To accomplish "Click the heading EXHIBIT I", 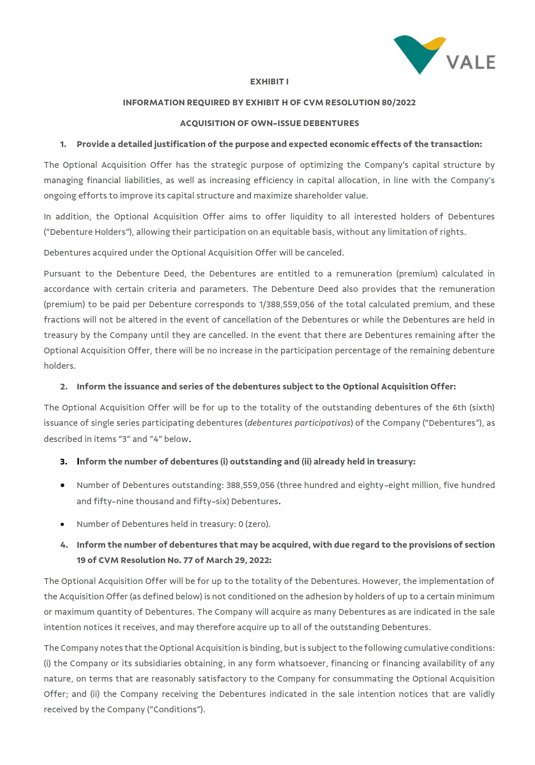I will pos(269,82).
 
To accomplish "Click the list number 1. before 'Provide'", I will pos(63,144).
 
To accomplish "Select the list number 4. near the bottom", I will pos(64,545).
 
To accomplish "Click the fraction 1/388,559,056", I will pos(286,304).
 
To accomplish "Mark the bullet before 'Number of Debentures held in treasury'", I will pos(62,524).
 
